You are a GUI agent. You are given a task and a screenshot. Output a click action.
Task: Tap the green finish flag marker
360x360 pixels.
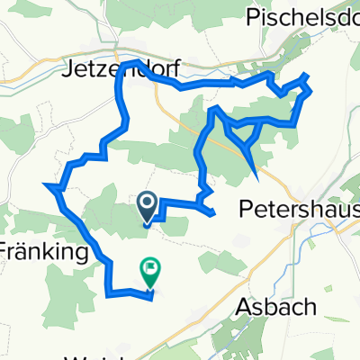coord(148,268)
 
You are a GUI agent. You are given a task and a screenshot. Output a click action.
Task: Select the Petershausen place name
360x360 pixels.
coord(300,209)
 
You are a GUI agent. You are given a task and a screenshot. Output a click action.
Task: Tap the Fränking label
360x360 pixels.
coord(45,251)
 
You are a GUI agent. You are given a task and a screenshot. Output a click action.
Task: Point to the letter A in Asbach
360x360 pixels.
coord(246,308)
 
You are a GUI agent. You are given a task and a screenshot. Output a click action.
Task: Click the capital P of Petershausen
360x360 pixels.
coord(246,209)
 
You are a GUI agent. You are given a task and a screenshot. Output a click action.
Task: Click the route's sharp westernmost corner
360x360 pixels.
coord(44,185)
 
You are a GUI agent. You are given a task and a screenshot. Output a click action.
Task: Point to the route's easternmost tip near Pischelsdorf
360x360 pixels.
coord(311,90)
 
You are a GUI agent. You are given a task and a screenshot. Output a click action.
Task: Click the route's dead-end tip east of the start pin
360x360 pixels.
coord(212,214)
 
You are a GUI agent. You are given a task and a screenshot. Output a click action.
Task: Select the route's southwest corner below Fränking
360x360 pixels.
coord(108,292)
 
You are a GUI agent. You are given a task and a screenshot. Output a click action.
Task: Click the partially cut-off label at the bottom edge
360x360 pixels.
coord(90,355)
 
